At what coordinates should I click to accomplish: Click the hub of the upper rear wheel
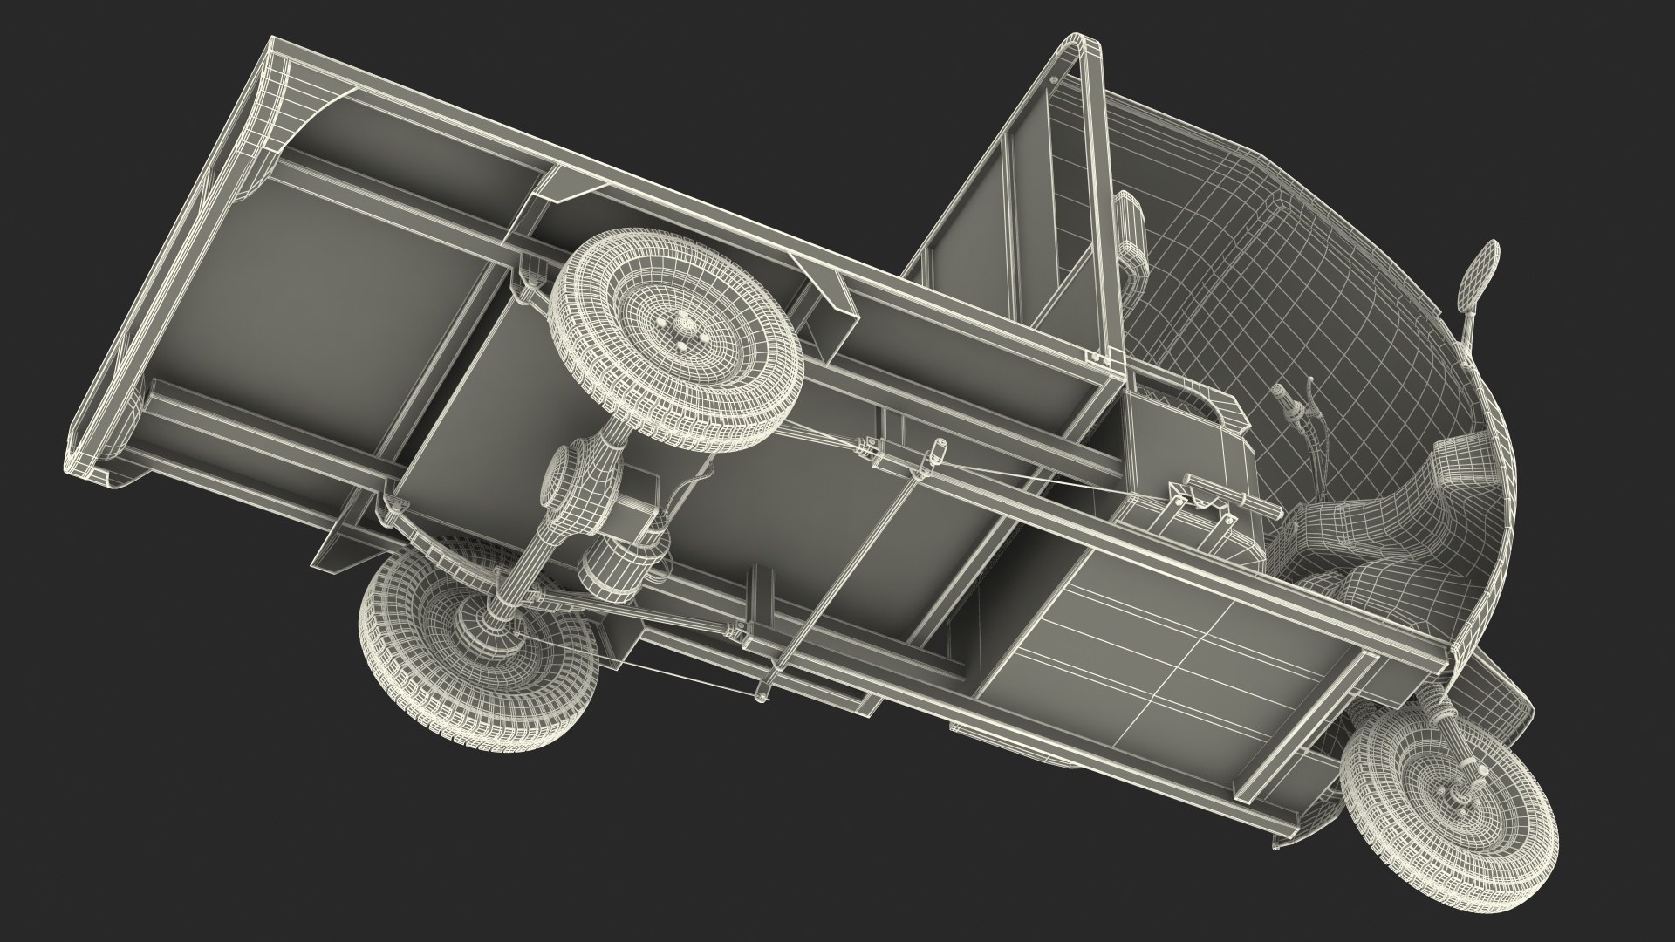coord(679,331)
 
